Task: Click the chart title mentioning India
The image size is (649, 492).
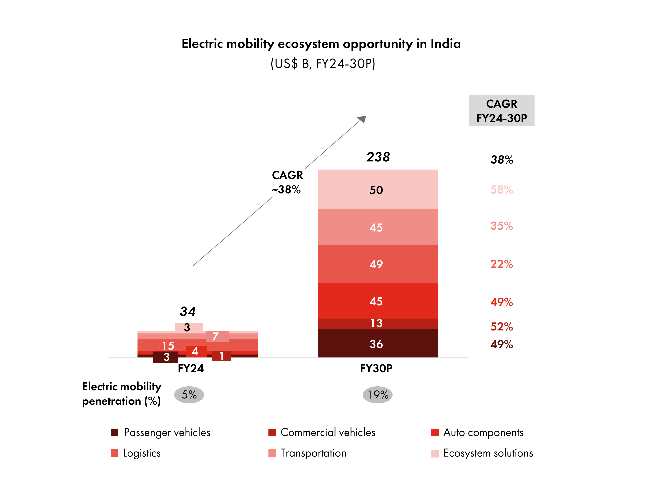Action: (x=321, y=44)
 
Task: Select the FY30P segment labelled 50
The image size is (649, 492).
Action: (x=377, y=190)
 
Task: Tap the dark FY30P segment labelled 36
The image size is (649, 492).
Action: (x=377, y=344)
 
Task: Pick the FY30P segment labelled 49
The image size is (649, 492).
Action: (x=377, y=264)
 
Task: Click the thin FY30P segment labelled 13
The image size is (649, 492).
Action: (x=377, y=323)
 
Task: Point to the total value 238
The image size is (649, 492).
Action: (x=378, y=157)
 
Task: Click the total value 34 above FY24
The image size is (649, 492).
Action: (x=188, y=312)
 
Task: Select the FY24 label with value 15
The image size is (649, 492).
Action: (x=168, y=346)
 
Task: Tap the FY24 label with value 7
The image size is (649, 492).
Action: (x=216, y=337)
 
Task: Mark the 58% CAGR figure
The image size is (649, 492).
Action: (x=501, y=190)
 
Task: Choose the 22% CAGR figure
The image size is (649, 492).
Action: (x=501, y=264)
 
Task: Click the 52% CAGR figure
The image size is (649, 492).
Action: (x=501, y=327)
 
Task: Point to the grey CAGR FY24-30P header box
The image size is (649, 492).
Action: (x=501, y=111)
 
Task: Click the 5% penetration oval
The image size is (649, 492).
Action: (x=189, y=395)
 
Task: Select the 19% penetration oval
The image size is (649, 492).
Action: (x=377, y=395)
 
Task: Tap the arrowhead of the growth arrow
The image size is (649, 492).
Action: (x=362, y=119)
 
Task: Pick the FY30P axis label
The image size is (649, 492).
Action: (x=376, y=369)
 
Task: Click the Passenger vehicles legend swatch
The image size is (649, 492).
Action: (x=115, y=433)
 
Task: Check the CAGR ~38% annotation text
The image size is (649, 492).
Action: (x=287, y=182)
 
